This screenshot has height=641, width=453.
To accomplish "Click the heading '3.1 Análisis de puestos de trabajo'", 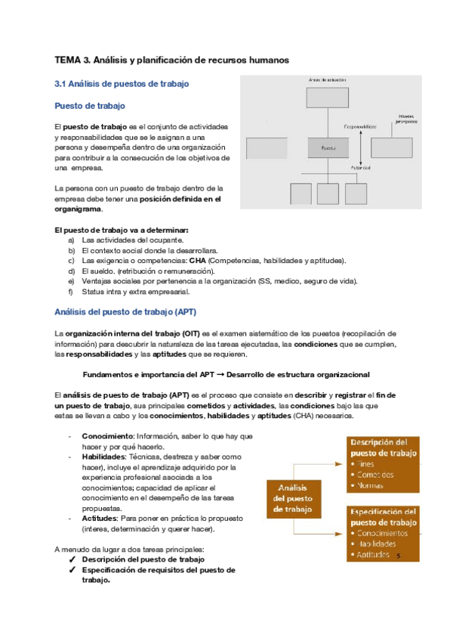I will coord(122,83).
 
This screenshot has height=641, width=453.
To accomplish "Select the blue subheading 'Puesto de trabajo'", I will coord(90,106).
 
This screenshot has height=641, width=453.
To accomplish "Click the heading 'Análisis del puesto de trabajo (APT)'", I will coord(125,311).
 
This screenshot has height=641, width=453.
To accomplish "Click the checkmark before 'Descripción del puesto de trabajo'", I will coord(71,559).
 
